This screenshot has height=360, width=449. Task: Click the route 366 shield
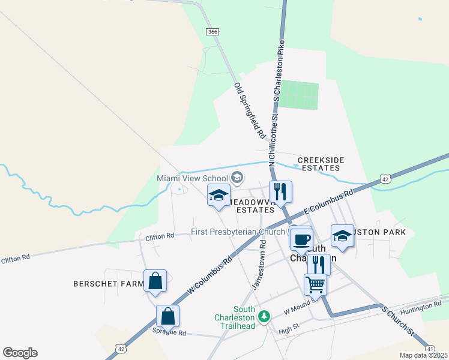(211, 31)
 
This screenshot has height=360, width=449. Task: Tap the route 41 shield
(430, 348)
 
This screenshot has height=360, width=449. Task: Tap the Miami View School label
(192, 178)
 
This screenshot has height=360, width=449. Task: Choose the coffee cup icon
(301, 239)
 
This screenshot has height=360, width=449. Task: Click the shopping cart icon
(316, 284)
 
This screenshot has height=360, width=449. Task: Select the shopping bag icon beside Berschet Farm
(155, 281)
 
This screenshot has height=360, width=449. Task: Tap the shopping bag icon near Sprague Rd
(168, 316)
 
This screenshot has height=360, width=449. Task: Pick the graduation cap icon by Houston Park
(342, 235)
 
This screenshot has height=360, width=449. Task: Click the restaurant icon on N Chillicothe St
(280, 192)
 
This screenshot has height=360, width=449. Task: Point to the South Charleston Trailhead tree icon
(263, 315)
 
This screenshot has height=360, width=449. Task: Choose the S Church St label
(399, 322)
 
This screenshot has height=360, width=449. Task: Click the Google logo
(20, 353)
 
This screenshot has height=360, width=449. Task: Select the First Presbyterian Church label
(238, 232)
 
